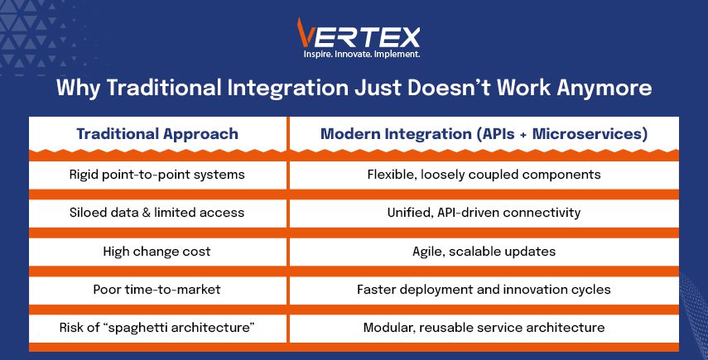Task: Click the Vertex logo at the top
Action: (359, 38)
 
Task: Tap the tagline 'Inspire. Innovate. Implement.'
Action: (362, 54)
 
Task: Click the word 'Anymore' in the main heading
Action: (604, 88)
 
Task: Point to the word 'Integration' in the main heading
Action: (287, 87)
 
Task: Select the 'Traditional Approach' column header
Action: (157, 134)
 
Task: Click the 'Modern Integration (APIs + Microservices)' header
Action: (484, 134)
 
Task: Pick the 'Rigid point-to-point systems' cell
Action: (157, 175)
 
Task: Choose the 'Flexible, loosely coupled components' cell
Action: (484, 175)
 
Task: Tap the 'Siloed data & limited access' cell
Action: (157, 213)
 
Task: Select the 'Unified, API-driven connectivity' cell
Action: (484, 213)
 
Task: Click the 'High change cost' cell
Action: (157, 252)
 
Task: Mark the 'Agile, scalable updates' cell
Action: (484, 252)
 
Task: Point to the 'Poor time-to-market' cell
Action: (157, 289)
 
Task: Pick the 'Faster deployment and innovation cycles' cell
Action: (484, 289)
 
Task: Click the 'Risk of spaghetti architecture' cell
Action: (157, 327)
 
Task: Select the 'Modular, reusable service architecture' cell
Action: (484, 327)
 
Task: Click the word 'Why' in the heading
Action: (78, 88)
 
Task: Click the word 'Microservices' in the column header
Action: (590, 134)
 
